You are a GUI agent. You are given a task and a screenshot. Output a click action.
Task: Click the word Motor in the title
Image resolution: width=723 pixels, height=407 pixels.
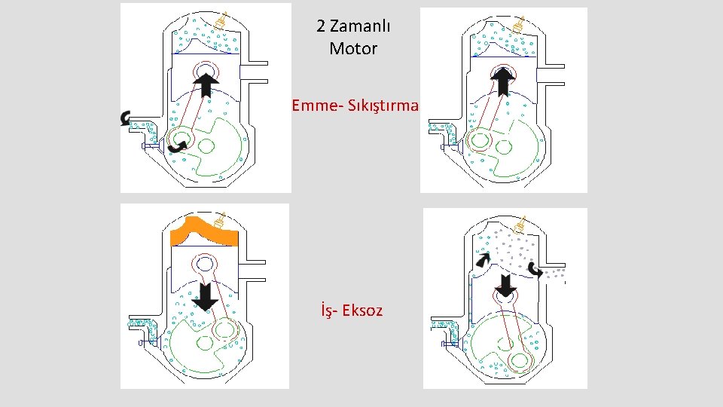click(353, 49)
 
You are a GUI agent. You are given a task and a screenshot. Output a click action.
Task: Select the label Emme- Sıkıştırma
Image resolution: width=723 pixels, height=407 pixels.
click(355, 106)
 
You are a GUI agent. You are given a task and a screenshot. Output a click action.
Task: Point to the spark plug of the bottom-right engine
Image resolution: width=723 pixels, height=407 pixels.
click(519, 224)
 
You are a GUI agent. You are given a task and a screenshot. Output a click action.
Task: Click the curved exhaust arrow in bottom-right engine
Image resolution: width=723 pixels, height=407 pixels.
click(535, 269)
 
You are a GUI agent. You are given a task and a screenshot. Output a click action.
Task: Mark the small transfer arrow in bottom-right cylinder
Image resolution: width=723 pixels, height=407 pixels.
click(482, 259)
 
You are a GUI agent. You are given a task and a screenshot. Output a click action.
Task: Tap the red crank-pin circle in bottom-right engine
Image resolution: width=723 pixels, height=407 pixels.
click(519, 361)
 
